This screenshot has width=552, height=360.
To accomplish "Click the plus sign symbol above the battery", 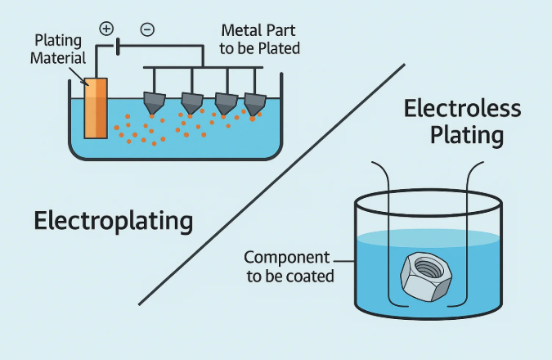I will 106,29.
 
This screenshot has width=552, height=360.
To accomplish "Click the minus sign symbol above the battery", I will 147,29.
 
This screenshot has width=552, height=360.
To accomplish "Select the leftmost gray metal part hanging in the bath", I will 155,103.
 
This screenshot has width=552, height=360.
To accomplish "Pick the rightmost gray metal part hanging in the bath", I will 255,103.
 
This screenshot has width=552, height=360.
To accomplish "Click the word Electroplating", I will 114,220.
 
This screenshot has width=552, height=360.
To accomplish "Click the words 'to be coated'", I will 291,276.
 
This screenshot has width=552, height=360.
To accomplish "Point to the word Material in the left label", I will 58,57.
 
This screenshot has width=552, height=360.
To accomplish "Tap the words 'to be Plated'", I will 261,48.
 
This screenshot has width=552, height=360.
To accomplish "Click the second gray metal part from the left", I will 191,103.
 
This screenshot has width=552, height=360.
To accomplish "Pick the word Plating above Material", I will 58,39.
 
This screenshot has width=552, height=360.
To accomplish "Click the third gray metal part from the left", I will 226,103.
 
